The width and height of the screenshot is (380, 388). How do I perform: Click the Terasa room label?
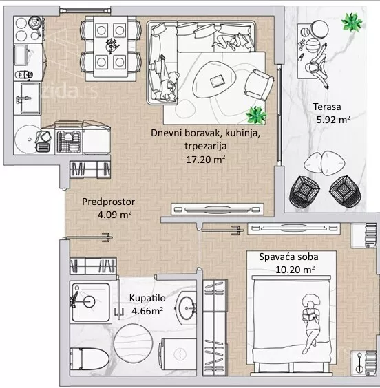tap(327, 107)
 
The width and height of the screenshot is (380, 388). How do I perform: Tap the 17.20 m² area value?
tap(205, 160)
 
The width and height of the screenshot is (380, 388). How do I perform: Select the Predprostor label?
tap(109, 202)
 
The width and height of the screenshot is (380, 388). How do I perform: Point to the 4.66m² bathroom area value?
tap(147, 310)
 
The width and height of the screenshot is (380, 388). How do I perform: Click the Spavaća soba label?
tap(288, 257)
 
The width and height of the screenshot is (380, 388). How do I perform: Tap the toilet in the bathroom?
tap(89, 359)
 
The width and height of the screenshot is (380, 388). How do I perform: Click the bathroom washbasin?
tap(186, 308)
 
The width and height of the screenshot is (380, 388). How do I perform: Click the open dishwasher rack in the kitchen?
tap(69, 142)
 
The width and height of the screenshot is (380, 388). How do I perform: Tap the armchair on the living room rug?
tap(260, 85)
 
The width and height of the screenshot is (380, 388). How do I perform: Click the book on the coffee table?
tap(217, 81)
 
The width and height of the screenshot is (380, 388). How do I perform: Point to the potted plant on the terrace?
tap(352, 22)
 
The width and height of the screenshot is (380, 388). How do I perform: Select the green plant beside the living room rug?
tap(256, 115)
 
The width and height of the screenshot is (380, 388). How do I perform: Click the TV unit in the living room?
tap(218, 209)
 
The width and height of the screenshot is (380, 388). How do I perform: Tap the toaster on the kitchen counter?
tap(43, 148)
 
